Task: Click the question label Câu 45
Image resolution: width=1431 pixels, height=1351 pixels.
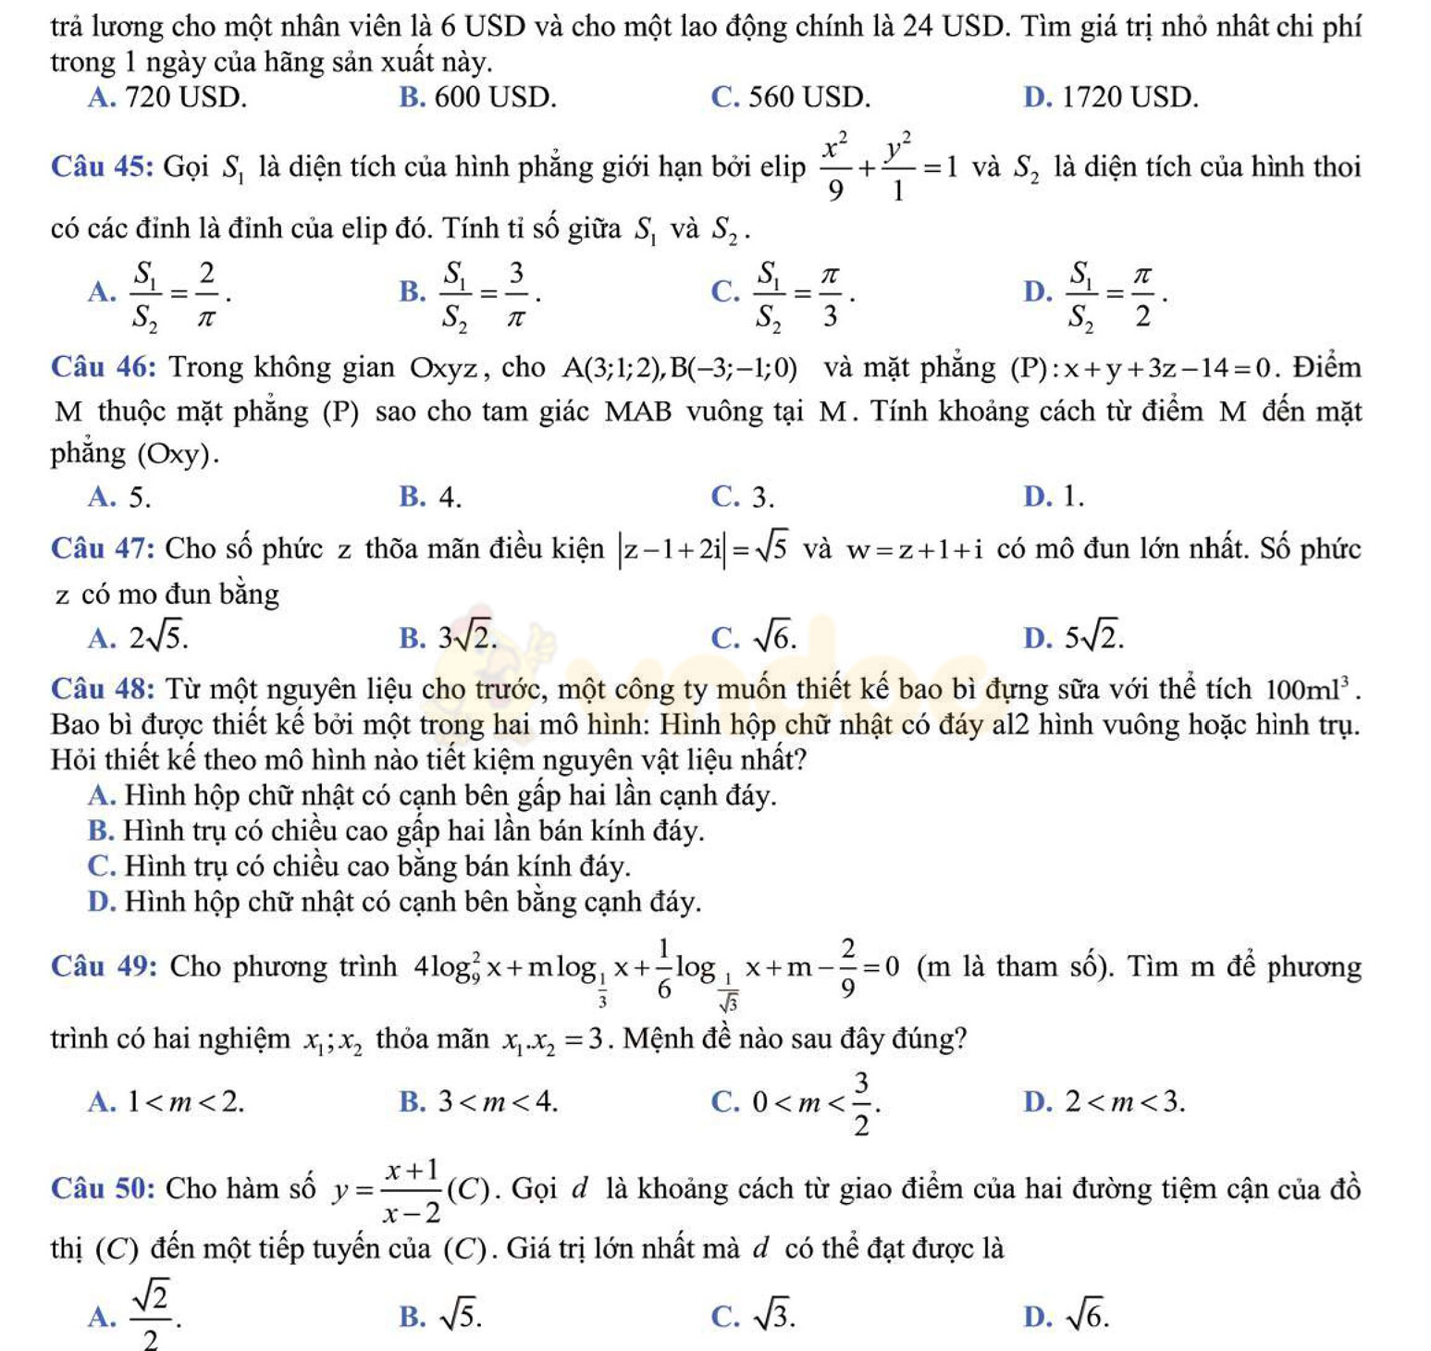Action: [x=102, y=167]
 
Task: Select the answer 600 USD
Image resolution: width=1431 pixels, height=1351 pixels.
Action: [x=495, y=97]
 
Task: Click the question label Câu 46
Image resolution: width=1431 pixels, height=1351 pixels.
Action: [x=102, y=368]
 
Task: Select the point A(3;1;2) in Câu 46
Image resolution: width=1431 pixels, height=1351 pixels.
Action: [x=611, y=369]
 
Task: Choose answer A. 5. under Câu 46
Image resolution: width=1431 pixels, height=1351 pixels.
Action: [x=119, y=497]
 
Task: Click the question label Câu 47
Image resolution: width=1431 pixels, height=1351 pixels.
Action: [x=102, y=549]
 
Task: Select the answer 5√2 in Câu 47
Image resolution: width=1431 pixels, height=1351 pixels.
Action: [x=1093, y=637]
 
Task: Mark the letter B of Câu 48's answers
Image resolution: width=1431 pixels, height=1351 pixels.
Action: [x=98, y=830]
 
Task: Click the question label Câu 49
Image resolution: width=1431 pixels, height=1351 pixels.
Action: [x=104, y=966]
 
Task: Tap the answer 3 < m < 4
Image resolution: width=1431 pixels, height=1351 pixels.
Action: [x=498, y=1101]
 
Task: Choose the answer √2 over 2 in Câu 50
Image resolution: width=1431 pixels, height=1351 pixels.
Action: [x=151, y=1315]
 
